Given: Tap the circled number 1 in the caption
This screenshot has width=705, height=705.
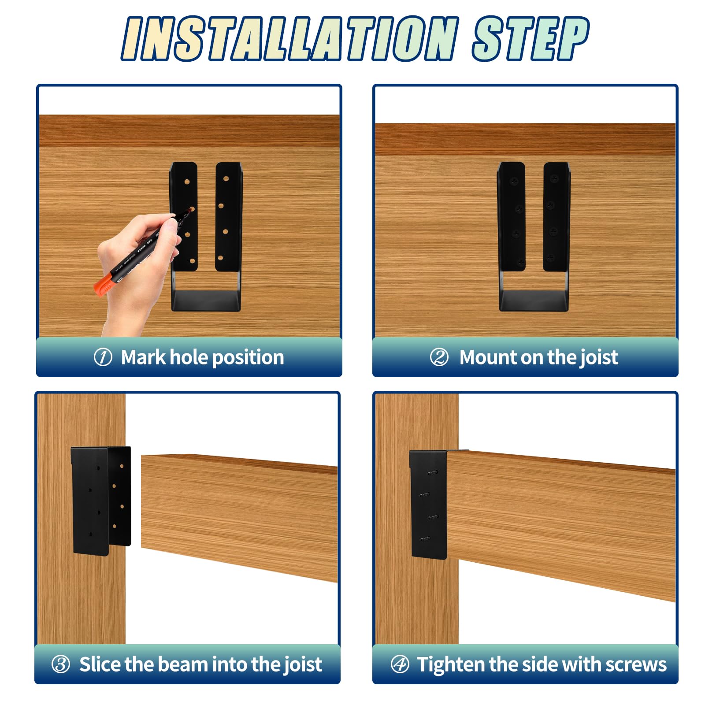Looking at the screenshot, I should (103, 357).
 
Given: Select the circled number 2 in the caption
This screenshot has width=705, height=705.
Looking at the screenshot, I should (439, 357).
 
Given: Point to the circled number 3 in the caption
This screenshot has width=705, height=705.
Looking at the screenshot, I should (61, 664).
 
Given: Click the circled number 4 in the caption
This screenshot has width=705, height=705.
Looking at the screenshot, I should (400, 664).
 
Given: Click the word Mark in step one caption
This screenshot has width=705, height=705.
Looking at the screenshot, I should (144, 357).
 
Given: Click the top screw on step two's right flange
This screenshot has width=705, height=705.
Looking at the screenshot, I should (554, 178).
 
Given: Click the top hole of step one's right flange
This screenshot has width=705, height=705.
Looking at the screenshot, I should (226, 179).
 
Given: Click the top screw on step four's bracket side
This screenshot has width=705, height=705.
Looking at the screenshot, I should (432, 472).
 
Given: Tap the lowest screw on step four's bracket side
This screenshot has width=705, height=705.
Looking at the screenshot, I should (425, 538).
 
